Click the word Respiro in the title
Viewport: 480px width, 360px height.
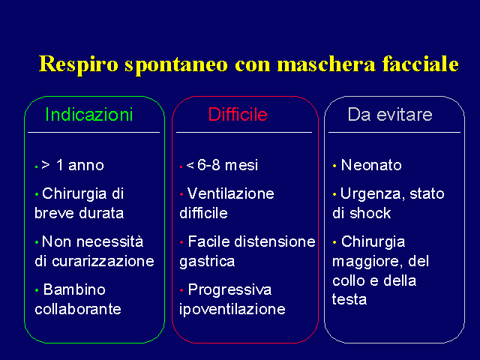coord(78,65)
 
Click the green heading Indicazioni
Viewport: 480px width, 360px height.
coord(89,115)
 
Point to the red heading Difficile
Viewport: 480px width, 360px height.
coord(238,115)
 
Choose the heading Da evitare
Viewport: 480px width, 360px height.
coord(390,115)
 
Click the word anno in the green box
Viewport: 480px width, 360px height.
coord(86,165)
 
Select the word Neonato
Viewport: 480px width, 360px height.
coord(371,165)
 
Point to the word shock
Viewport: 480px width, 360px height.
coord(370,213)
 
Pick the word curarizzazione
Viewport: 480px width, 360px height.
coord(103,261)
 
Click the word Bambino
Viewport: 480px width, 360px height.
coord(74,289)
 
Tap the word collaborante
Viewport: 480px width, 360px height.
coord(78,309)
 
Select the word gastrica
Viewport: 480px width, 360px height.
coord(207,262)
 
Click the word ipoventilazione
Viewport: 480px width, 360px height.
coord(232,310)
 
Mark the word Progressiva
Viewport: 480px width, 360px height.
coord(230,290)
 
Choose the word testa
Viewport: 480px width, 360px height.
coord(349,299)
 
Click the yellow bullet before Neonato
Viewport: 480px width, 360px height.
coord(334,166)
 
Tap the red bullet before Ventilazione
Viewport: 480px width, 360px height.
coord(181,194)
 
